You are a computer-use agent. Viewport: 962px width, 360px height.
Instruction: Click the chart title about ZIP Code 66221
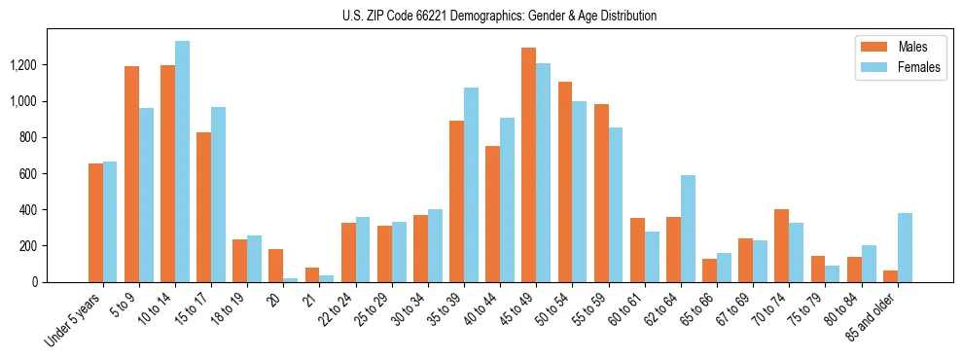coord(499,16)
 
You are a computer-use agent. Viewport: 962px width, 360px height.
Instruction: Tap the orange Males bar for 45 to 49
coord(528,164)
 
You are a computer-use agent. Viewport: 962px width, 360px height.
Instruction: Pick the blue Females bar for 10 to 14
coord(182,162)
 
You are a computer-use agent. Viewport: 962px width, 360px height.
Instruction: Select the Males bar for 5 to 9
coord(131,174)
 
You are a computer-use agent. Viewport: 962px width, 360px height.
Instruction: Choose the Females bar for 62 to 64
coord(688,229)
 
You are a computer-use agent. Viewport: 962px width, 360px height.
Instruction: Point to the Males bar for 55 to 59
coord(601,193)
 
